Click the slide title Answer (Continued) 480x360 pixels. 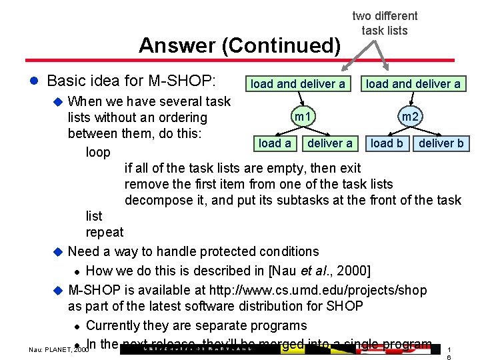point(239,45)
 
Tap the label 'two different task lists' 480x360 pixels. point(385,23)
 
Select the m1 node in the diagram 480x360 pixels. point(303,117)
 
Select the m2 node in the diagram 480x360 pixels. point(410,117)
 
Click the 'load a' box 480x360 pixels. point(275,143)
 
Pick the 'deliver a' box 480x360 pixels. point(329,143)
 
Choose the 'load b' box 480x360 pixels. point(387,143)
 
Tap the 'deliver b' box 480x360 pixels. point(441,143)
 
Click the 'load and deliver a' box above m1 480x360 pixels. point(298,84)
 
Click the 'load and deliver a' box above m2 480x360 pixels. point(413,84)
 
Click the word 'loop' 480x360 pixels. point(98,152)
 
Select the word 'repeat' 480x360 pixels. point(105,232)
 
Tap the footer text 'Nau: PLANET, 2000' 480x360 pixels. point(59,349)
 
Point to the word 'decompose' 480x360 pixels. point(157,200)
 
